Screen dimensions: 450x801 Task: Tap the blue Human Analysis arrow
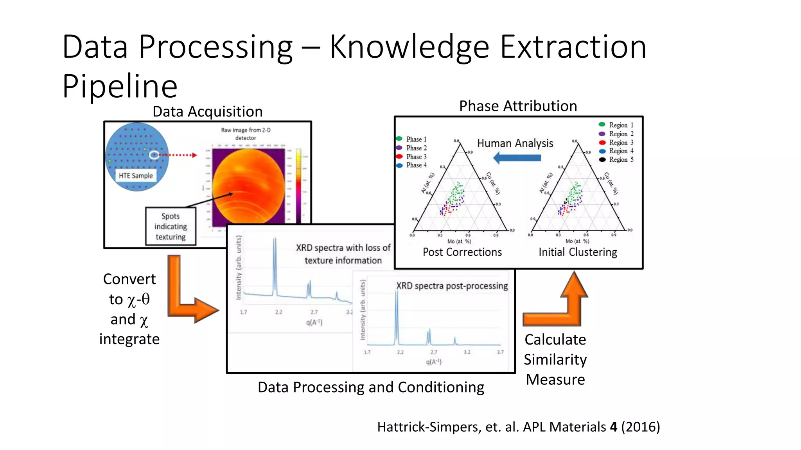coord(517,158)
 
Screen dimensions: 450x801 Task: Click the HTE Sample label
coord(136,176)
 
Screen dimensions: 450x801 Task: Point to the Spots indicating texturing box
coord(171,227)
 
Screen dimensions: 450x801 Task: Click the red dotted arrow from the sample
coord(178,155)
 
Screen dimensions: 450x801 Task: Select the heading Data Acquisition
coord(207,112)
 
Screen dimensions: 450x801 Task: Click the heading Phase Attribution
coord(518,106)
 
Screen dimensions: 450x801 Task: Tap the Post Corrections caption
coord(462,252)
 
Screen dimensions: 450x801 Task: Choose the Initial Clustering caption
coord(578,252)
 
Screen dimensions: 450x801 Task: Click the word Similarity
coord(555,359)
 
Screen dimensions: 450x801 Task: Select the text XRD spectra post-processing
coord(452,286)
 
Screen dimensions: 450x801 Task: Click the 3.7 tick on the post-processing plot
coord(500,352)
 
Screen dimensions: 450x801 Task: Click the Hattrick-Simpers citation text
coord(518,427)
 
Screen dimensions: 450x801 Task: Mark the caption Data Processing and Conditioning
coord(371,387)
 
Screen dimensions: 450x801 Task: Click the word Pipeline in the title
coord(120,86)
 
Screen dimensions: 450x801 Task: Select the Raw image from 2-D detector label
coord(246,134)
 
